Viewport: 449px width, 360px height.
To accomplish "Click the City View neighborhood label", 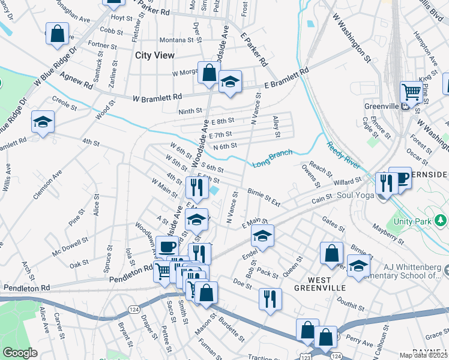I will [155, 55].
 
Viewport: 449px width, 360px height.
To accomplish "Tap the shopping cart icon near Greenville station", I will [411, 92].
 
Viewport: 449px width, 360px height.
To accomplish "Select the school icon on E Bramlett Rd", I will [230, 81].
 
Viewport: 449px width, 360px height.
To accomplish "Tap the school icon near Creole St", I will [43, 122].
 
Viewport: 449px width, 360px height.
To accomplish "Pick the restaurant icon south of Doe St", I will [270, 298].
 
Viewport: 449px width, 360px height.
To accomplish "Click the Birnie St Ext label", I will [264, 196].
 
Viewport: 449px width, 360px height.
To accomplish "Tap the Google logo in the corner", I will [20, 353].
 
